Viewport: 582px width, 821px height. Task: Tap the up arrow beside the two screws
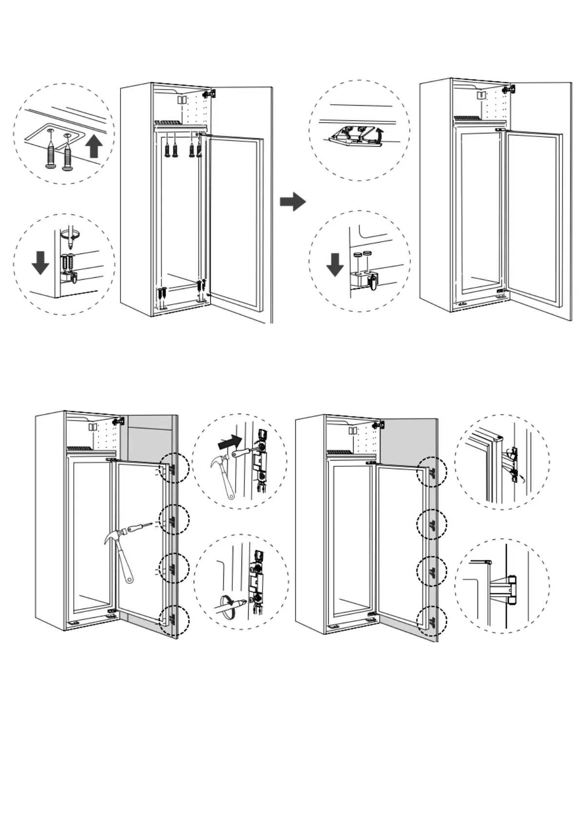coord(94,146)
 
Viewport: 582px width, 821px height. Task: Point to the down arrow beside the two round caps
coord(335,265)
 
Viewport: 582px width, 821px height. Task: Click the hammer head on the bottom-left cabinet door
coord(114,536)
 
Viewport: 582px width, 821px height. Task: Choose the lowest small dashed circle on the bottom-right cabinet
coord(432,621)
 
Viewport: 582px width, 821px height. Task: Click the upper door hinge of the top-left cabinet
coord(210,93)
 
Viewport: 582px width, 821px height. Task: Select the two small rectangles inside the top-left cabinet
coord(182,99)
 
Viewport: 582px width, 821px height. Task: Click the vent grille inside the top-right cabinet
coord(468,118)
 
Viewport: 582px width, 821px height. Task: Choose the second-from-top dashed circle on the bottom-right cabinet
coord(432,524)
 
